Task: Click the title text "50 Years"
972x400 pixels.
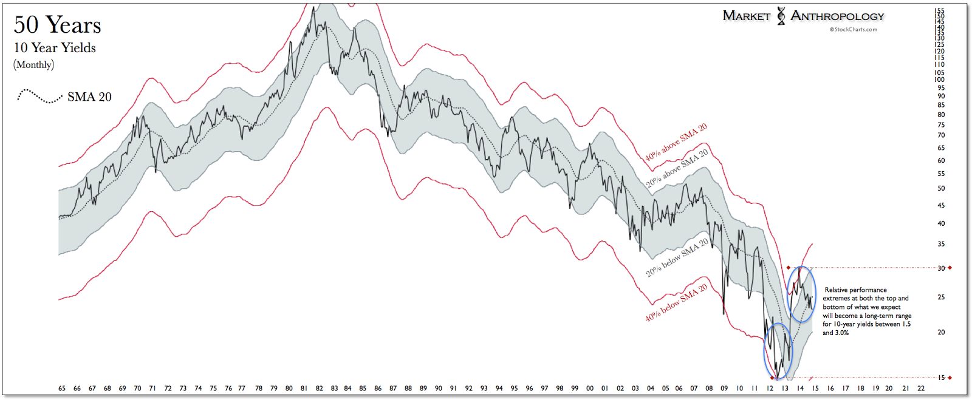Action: tap(57, 25)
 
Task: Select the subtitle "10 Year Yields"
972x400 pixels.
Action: tap(55, 48)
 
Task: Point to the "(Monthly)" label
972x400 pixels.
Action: tap(34, 65)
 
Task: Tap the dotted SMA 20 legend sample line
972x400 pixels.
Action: tap(39, 97)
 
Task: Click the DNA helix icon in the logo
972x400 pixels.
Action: tap(781, 16)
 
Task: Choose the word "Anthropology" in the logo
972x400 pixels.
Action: tap(837, 16)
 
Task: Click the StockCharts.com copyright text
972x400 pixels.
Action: tap(854, 29)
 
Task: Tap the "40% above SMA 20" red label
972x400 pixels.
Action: tap(676, 143)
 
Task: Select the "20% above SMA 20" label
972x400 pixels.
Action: tap(677, 168)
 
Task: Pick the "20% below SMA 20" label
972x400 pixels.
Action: tap(677, 258)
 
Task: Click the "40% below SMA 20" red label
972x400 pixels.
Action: tap(676, 302)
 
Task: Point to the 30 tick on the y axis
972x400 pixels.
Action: tap(941, 268)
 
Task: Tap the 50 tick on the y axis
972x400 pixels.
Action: tap(941, 189)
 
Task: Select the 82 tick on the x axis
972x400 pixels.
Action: tap(320, 388)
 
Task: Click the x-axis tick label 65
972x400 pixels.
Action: tap(62, 388)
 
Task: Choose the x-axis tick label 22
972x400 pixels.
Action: tap(921, 388)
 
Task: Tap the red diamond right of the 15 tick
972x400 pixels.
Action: tap(950, 378)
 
